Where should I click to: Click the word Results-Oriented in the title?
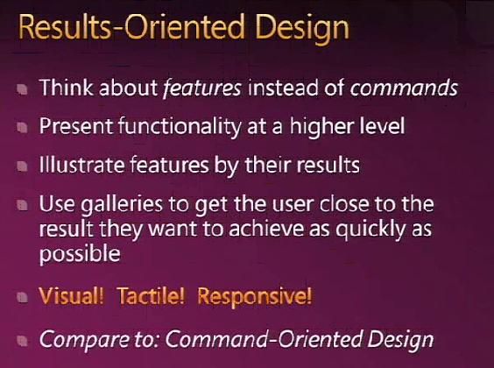[x=131, y=27]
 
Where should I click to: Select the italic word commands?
[x=404, y=88]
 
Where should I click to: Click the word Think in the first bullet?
[x=67, y=87]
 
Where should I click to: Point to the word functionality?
[x=180, y=127]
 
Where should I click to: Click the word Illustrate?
[x=81, y=165]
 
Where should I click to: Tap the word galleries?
[x=122, y=205]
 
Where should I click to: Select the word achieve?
[x=266, y=229]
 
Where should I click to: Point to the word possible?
[x=80, y=254]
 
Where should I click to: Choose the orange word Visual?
[x=71, y=295]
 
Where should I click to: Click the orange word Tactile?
[x=151, y=295]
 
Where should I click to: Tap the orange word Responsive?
[x=255, y=296]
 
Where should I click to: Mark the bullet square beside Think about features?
[x=23, y=89]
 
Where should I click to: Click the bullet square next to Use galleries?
[x=23, y=205]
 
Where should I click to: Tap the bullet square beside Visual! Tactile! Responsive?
[x=23, y=297]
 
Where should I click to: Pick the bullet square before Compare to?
[x=23, y=341]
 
